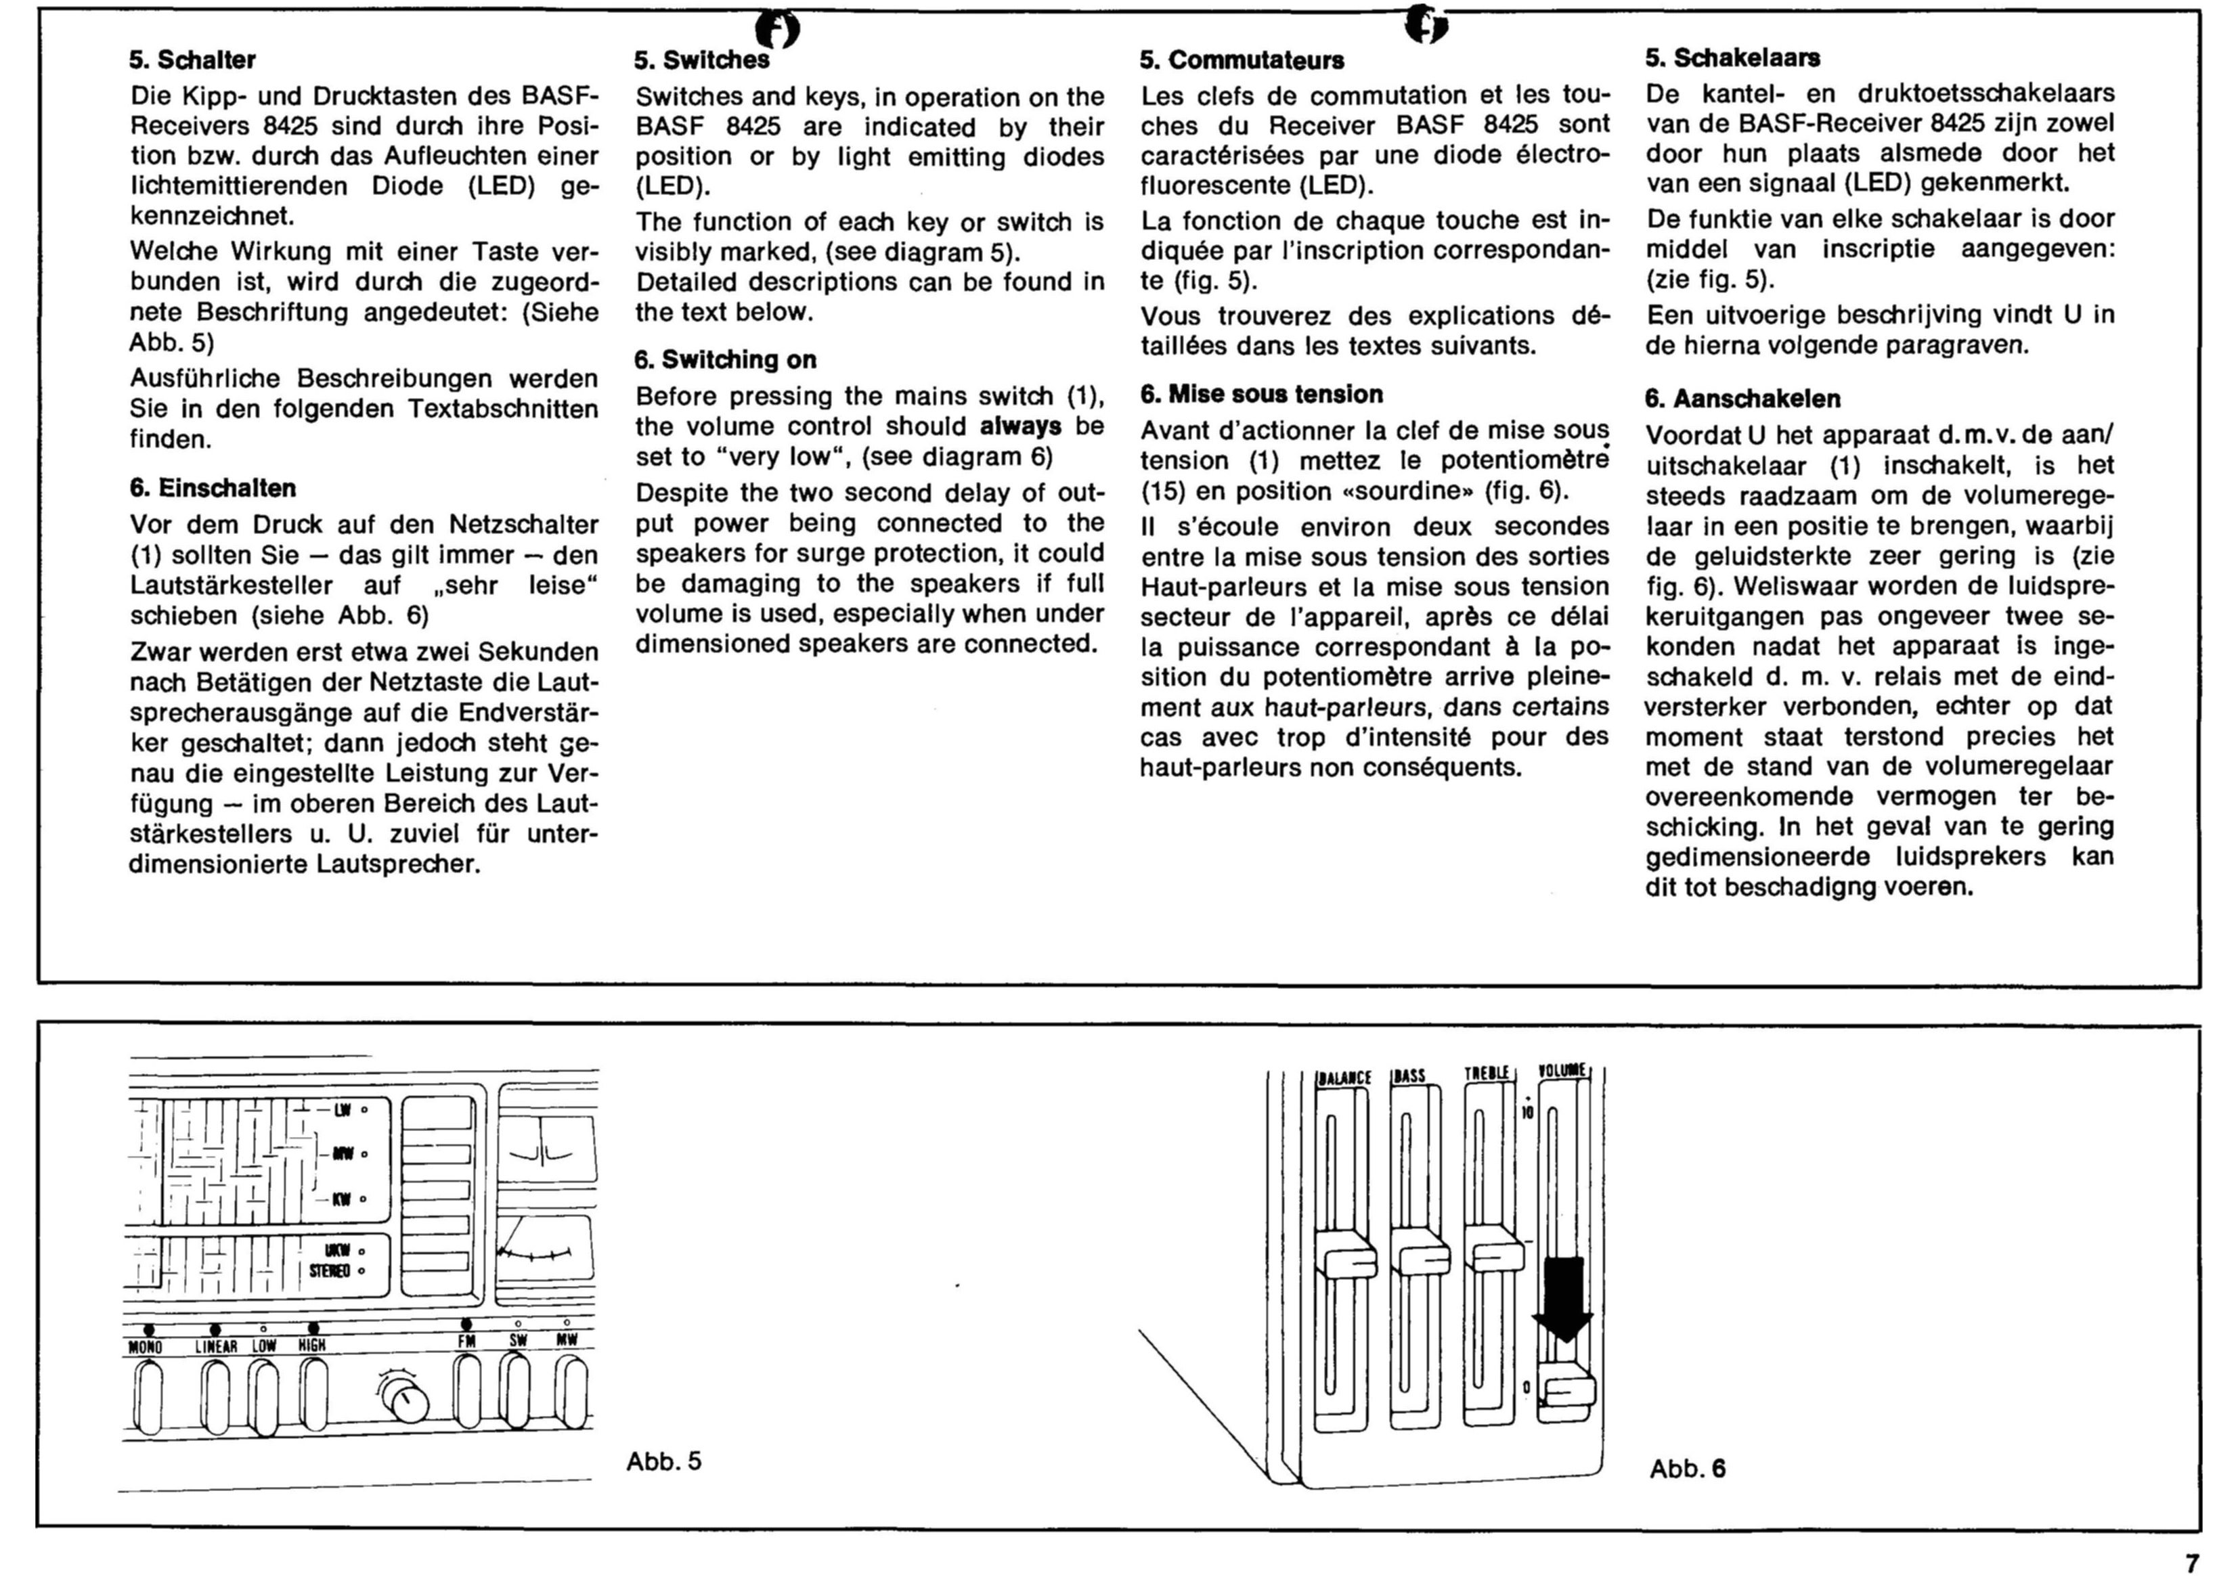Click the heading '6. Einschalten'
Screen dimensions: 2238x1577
coord(213,488)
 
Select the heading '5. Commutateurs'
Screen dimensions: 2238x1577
coord(1242,60)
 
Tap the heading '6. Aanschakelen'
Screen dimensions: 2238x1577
coord(1743,399)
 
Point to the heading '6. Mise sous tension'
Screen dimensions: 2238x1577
coord(1261,394)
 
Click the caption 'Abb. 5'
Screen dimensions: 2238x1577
coord(664,1461)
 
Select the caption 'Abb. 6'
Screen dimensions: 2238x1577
coord(1687,1469)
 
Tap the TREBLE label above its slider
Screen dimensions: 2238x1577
coord(1487,1073)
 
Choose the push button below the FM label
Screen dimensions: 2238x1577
coord(468,1394)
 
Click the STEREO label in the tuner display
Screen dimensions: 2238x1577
coord(330,1271)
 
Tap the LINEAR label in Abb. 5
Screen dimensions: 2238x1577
coord(217,1346)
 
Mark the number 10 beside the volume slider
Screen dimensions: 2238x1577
coord(1527,1112)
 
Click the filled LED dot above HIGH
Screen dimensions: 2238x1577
coord(313,1327)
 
